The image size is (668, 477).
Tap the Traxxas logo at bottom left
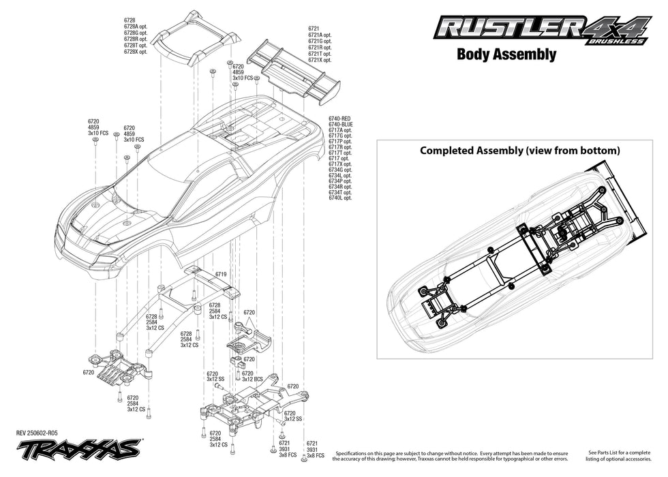coord(78,449)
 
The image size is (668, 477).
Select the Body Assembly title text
coord(506,55)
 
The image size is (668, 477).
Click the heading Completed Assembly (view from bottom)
coord(519,150)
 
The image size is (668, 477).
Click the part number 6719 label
coord(220,273)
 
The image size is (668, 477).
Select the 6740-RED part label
coord(340,119)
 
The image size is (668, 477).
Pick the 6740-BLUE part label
coord(340,125)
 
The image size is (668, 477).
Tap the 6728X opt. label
coord(136,51)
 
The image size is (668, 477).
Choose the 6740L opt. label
coord(340,198)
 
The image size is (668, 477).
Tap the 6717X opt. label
coord(340,164)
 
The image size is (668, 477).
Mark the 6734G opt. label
coord(340,170)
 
